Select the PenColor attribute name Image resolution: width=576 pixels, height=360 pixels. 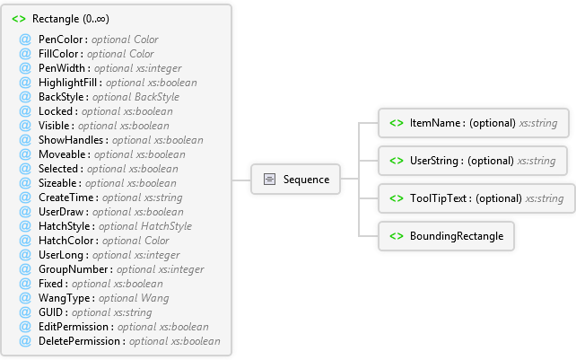pos(61,40)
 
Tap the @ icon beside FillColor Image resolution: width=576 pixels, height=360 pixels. pos(25,54)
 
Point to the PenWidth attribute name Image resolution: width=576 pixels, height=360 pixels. pos(62,68)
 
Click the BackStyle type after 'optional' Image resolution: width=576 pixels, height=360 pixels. pos(157,97)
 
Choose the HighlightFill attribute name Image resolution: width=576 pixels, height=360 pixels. pos(67,83)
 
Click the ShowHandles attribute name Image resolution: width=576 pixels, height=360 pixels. pos(71,140)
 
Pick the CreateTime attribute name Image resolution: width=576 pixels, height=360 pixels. pos(66,198)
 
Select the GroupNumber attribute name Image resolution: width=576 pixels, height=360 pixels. pos(73,269)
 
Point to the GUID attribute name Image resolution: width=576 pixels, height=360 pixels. pos(51,312)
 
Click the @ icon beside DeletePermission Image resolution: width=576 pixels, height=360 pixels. pos(25,341)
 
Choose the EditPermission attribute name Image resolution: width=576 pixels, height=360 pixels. pos(74,327)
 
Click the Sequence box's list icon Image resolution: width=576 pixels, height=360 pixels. pos(269,179)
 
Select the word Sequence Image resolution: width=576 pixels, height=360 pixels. pos(306,180)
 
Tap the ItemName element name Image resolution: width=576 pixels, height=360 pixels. pos(435,123)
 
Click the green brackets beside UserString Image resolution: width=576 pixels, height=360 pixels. pos(397,161)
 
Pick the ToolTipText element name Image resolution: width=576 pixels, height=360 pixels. pos(438,198)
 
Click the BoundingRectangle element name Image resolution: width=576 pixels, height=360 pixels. pos(457,236)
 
